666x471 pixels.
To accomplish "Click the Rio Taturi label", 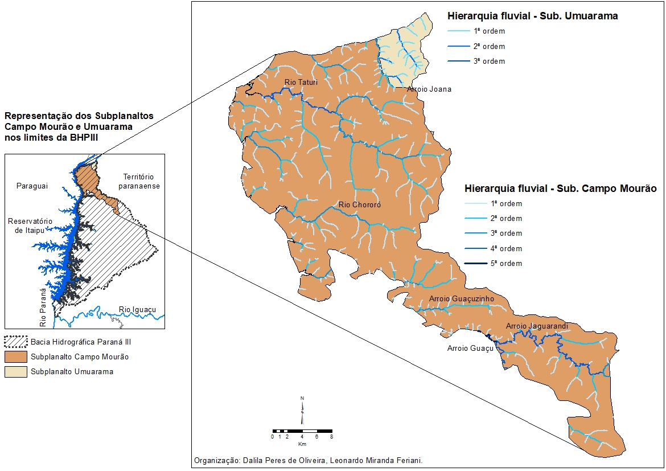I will [x=301, y=83].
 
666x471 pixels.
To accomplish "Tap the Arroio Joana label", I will [x=429, y=89].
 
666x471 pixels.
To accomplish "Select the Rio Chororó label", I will [x=359, y=204].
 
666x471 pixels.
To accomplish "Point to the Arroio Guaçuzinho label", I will [x=461, y=298].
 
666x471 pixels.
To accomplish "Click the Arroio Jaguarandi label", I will [x=537, y=326].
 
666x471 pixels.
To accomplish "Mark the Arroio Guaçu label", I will [x=470, y=348].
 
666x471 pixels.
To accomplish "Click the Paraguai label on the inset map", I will [x=32, y=186].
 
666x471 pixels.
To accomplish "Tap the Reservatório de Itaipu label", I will [x=30, y=226].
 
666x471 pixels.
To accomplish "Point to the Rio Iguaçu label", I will [x=137, y=310].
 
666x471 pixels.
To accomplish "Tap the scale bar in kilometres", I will [x=302, y=431].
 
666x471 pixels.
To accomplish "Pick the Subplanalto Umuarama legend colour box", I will [x=15, y=372].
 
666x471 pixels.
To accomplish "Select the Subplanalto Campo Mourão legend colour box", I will [x=15, y=357].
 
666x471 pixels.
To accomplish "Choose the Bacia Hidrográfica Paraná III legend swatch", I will [x=15, y=342].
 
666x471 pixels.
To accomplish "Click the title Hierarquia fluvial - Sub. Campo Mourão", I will [x=561, y=188].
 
